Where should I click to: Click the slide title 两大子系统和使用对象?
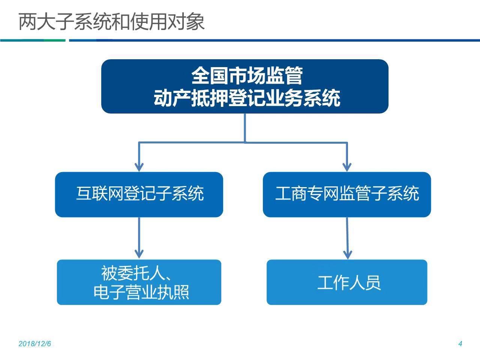click(111, 22)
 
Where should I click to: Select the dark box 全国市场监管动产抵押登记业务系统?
click(245, 86)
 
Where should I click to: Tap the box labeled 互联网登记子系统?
click(139, 195)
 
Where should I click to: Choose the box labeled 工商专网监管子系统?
click(347, 195)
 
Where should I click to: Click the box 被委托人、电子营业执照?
click(139, 282)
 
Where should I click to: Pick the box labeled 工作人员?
click(347, 282)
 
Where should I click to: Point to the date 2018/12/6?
click(34, 344)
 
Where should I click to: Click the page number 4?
click(460, 344)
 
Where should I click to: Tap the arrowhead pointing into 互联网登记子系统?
click(139, 167)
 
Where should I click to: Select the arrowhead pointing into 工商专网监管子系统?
click(347, 167)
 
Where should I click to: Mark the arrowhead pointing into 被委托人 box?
click(139, 254)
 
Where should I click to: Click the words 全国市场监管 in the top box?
click(247, 76)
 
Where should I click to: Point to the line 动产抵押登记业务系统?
click(247, 98)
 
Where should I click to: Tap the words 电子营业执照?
click(141, 292)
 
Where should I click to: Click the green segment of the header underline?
click(55, 40)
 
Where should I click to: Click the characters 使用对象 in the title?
click(167, 22)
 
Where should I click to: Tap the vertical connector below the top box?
click(245, 128)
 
